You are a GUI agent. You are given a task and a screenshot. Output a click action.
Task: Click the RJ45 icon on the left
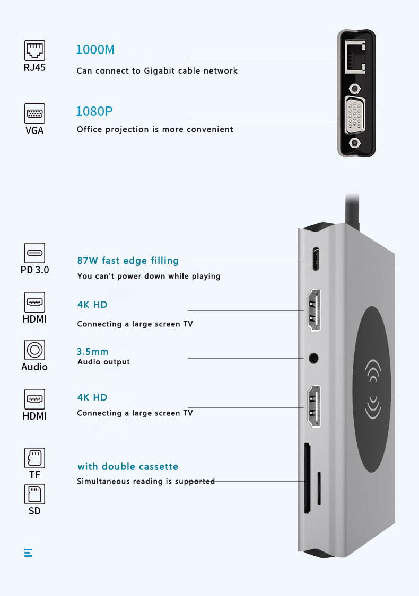tap(34, 51)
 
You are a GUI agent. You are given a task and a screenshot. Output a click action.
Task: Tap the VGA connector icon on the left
tap(34, 113)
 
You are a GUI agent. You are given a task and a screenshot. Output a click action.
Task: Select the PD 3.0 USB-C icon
tap(34, 253)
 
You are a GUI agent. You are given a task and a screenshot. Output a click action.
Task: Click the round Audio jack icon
tap(34, 350)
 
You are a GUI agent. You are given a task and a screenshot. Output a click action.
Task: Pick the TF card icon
tap(34, 458)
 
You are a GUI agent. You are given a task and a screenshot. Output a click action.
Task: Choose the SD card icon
tap(34, 494)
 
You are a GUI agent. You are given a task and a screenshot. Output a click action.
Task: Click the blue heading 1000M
tap(95, 50)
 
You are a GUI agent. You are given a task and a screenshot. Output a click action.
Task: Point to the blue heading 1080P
tap(94, 112)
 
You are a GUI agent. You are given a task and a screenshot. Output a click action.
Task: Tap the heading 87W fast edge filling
tap(128, 261)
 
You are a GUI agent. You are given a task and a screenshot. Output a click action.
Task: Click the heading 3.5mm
tap(93, 352)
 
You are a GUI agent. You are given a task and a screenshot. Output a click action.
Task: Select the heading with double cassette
tap(128, 467)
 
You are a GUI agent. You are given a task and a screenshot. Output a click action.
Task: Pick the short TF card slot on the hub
tap(319, 488)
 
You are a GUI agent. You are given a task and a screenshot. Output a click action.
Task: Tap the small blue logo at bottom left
tap(29, 553)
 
